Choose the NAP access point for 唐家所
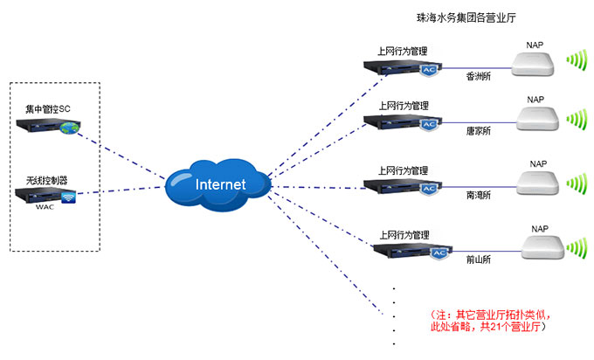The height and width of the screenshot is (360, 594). pyautogui.click(x=535, y=117)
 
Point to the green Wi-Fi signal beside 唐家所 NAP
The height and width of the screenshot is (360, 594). pyautogui.click(x=577, y=118)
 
